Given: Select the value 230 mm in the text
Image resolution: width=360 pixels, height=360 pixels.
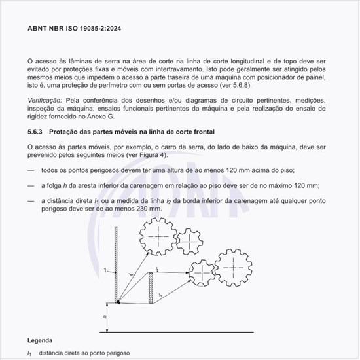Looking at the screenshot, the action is tap(147, 208).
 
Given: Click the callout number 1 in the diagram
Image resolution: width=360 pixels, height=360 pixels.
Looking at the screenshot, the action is tap(105, 269).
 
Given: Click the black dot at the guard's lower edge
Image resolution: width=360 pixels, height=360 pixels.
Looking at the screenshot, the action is tap(118, 302).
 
